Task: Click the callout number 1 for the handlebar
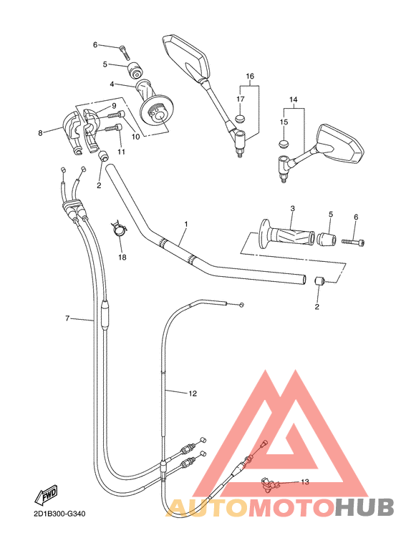185,225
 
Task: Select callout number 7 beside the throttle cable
67,318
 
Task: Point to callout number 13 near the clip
304,482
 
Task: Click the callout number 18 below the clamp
122,256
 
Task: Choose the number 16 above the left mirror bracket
250,76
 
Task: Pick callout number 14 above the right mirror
292,99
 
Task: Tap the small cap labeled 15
283,143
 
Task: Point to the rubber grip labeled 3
286,234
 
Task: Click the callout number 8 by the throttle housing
41,132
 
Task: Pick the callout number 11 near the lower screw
121,152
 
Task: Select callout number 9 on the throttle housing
113,106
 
